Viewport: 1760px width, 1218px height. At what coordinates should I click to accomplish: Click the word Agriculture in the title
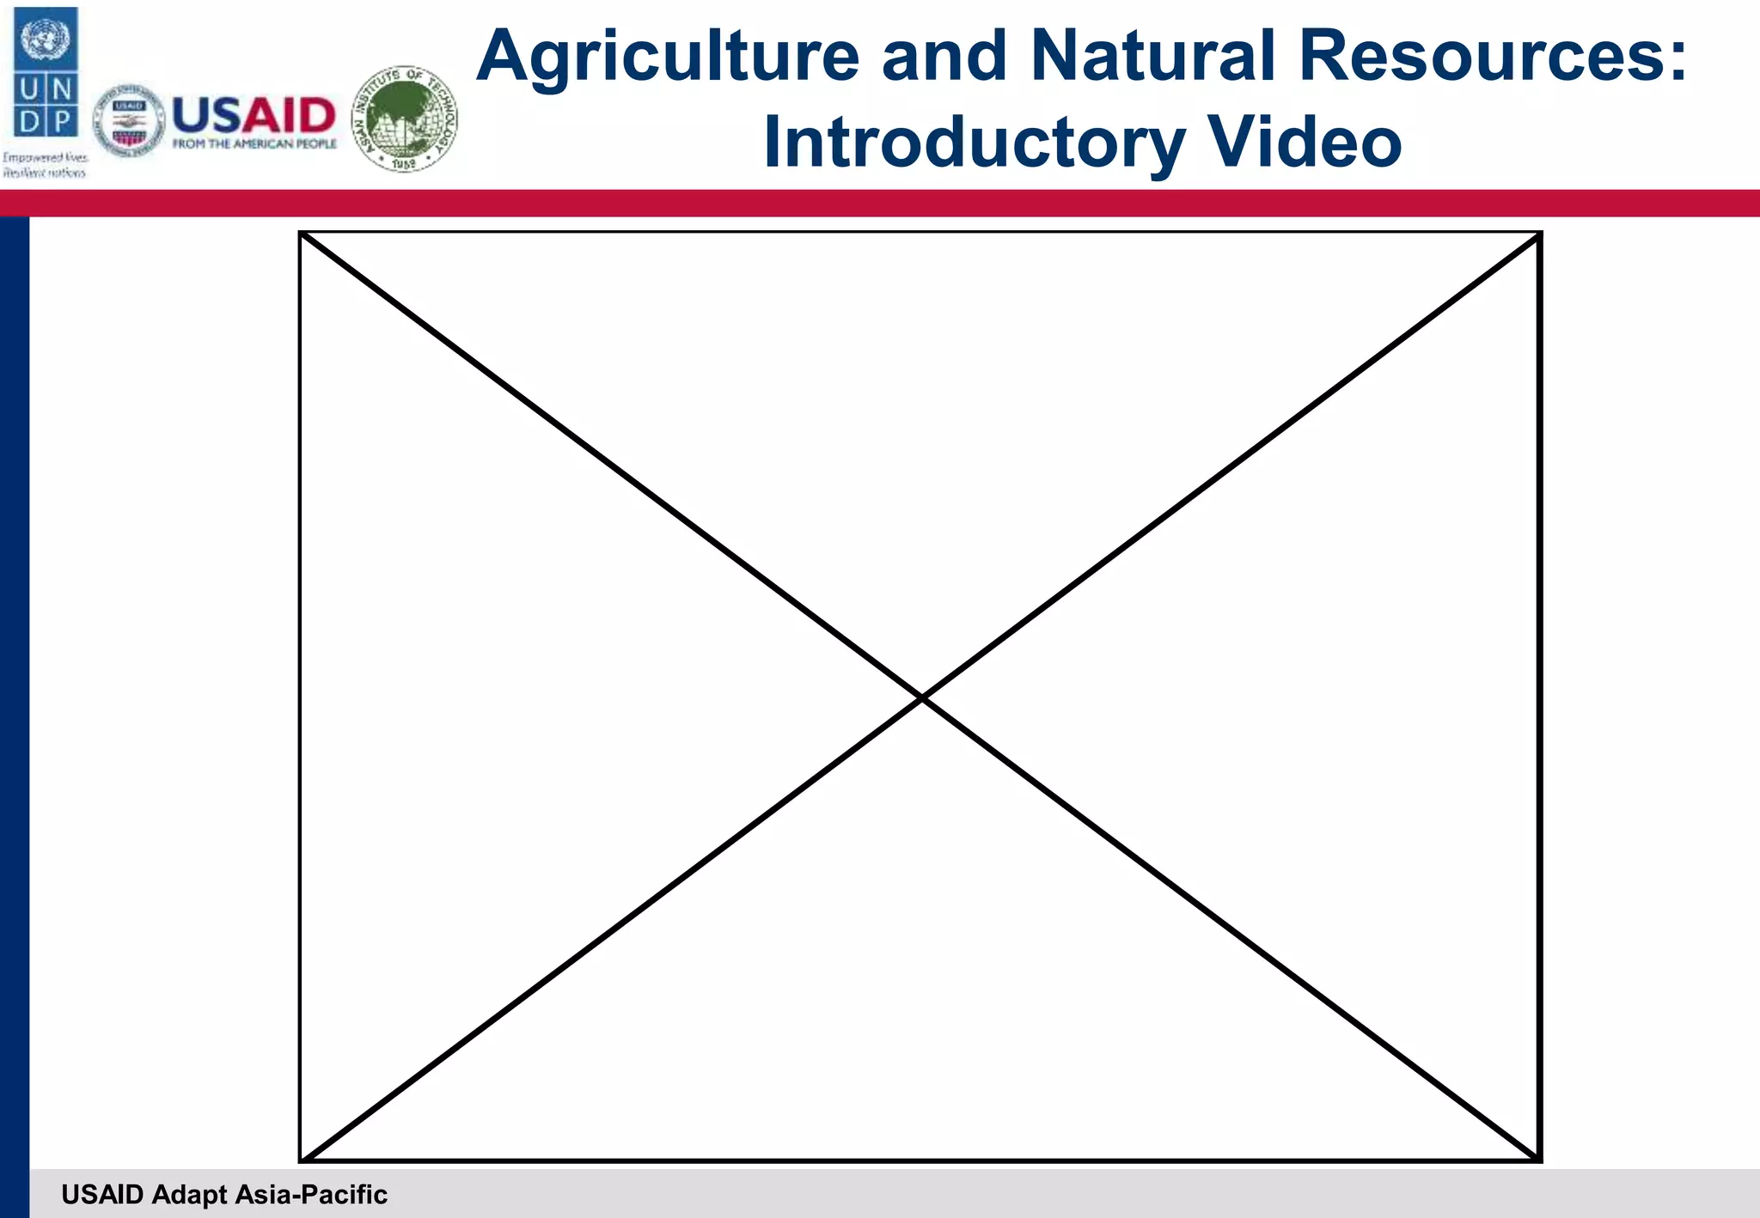[x=668, y=57]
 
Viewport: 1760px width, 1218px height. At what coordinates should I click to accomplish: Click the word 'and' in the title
[x=944, y=57]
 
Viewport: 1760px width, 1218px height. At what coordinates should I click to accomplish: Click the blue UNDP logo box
[x=46, y=73]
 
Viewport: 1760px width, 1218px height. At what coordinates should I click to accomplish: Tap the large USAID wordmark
[x=254, y=115]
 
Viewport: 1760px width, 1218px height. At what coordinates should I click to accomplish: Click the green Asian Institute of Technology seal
[x=406, y=119]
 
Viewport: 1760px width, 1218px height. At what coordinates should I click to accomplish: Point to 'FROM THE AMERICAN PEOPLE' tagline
[x=254, y=144]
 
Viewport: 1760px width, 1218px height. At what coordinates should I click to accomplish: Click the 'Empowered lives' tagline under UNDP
[x=45, y=158]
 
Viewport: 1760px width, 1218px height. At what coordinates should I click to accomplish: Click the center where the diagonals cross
[x=921, y=698]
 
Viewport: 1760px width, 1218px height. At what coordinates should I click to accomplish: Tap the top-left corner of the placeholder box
[x=301, y=233]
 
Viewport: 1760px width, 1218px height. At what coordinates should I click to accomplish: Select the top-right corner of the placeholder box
[x=1540, y=233]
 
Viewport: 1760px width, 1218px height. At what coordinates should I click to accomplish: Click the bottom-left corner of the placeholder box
[x=301, y=1160]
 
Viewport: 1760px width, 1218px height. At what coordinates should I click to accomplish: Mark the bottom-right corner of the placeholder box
[x=1540, y=1160]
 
